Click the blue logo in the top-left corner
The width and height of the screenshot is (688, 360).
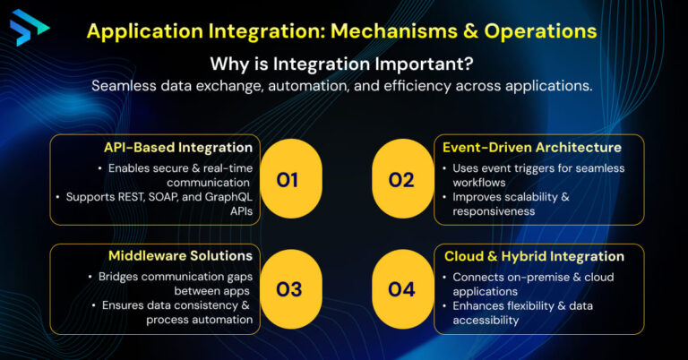30,27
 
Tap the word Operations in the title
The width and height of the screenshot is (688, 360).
540,31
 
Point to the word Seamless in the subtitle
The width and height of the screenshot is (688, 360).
126,86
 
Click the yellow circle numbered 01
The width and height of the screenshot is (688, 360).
288,180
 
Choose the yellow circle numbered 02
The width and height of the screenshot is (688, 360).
401,180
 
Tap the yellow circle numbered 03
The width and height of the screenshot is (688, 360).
288,289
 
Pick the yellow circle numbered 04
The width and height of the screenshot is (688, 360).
401,289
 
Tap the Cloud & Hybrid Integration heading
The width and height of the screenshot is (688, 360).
534,256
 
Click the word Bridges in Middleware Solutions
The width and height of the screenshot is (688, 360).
120,277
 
